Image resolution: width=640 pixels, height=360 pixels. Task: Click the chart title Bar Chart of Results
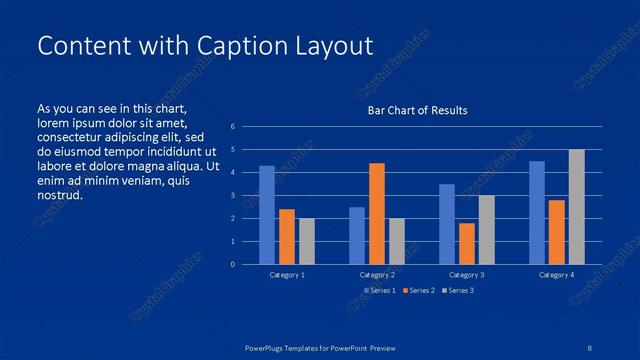pos(417,110)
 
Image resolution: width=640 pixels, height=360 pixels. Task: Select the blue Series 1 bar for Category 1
pos(267,215)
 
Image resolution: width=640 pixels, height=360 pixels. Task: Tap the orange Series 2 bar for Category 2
pos(376,213)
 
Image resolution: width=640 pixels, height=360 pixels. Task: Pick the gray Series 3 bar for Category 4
pos(576,207)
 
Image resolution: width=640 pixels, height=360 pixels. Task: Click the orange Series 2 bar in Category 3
pos(466,243)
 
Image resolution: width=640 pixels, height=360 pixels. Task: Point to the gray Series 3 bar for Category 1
pos(306,241)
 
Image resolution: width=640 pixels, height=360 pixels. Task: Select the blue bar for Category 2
pos(357,235)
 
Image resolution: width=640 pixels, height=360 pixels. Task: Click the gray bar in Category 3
pos(486,229)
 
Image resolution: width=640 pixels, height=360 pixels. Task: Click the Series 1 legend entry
pos(380,290)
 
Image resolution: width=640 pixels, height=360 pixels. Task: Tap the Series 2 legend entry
pos(419,290)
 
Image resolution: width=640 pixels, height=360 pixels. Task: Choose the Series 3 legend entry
pos(457,290)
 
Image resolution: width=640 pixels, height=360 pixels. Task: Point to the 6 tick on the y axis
pos(232,127)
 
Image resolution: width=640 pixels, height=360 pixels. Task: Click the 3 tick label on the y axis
pos(232,195)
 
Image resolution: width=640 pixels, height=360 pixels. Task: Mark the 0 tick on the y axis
pos(232,264)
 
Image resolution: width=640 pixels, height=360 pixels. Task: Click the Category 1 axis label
pos(287,274)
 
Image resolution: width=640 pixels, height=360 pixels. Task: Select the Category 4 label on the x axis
pos(556,274)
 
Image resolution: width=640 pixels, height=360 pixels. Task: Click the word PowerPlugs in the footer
pos(267,347)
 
